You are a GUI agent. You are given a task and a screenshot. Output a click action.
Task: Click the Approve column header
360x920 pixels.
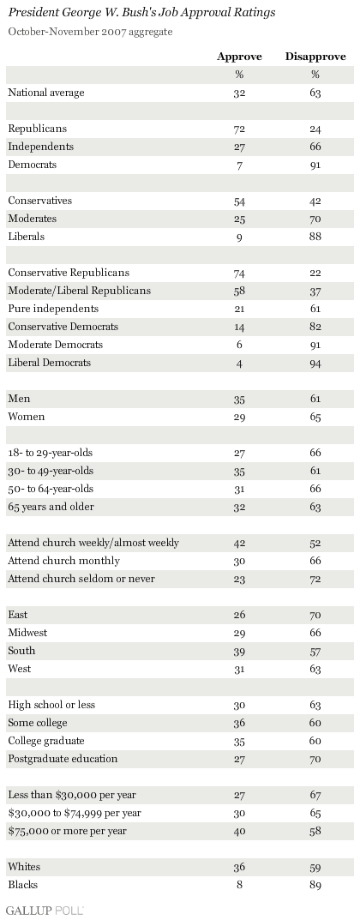[x=239, y=57]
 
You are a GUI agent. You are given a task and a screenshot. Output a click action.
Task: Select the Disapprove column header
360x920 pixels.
[x=315, y=57]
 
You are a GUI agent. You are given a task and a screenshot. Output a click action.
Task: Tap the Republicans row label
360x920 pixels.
[x=38, y=129]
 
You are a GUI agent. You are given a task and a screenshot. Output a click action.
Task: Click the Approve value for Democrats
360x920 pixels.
[x=239, y=165]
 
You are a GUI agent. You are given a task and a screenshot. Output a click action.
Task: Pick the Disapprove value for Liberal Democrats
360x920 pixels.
[x=315, y=364]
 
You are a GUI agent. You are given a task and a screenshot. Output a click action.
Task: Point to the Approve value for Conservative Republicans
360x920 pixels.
[x=239, y=273]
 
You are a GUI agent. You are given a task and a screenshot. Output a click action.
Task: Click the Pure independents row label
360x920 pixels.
[x=53, y=309]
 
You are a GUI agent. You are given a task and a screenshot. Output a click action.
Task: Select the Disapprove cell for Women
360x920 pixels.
[x=315, y=418]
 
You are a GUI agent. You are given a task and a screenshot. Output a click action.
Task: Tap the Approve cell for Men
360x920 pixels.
[x=239, y=399]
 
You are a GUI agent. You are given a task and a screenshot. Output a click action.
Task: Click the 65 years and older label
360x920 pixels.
[x=51, y=507]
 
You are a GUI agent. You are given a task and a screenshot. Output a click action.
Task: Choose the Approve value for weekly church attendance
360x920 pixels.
[x=239, y=544]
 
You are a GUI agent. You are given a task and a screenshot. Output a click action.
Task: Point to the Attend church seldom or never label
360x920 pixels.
[x=81, y=579]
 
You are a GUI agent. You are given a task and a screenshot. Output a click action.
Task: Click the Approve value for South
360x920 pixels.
[x=239, y=652]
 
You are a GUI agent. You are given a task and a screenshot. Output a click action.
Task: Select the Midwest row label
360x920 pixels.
[x=27, y=633]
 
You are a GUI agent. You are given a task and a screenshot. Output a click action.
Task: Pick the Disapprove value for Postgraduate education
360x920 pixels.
[x=315, y=759]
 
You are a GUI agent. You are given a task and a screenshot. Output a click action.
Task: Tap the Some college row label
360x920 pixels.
[x=38, y=723]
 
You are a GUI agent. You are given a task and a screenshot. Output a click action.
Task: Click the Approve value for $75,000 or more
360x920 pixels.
[x=239, y=832]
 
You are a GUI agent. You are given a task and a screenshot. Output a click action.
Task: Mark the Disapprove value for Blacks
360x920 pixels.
[x=315, y=886]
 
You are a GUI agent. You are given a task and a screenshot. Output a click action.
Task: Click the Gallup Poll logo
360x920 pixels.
[x=45, y=910]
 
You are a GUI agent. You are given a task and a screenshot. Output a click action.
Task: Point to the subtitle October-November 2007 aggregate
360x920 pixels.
[x=90, y=32]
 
